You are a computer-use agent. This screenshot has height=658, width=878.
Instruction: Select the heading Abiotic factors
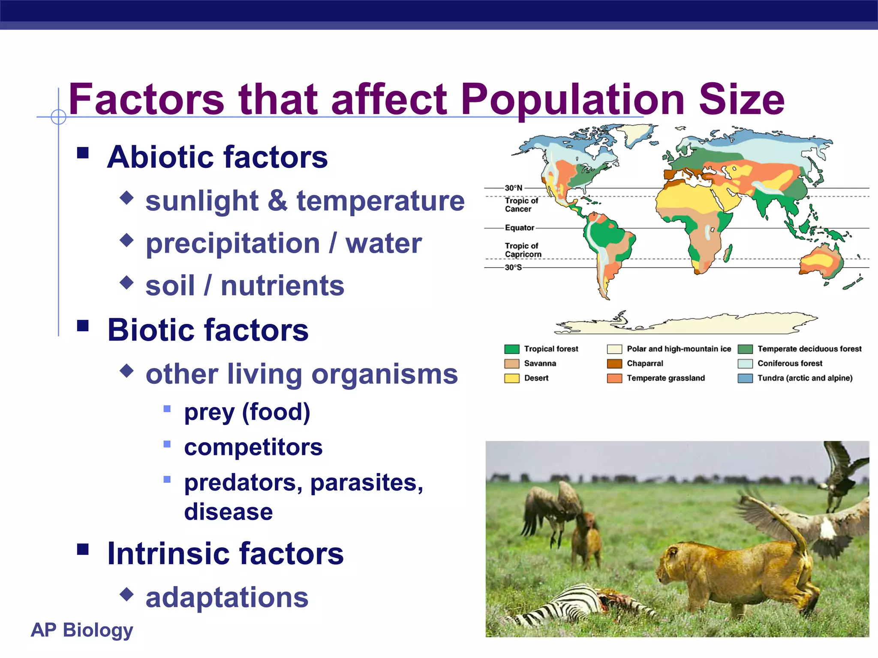click(217, 157)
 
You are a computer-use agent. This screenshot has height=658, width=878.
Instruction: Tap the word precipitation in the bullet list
click(233, 244)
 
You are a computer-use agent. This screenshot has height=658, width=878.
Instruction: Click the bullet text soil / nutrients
click(244, 286)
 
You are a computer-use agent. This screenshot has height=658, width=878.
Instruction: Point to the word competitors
click(253, 448)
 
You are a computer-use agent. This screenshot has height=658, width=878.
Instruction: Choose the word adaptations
click(227, 598)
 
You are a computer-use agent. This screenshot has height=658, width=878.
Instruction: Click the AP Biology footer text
click(82, 630)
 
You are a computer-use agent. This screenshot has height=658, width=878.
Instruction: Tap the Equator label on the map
click(519, 228)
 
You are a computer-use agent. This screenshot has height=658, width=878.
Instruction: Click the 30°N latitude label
click(513, 188)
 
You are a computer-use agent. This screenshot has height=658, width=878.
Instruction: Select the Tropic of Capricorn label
click(523, 250)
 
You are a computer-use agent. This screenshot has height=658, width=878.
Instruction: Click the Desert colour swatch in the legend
click(511, 378)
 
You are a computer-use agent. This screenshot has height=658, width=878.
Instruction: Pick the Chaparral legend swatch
click(614, 364)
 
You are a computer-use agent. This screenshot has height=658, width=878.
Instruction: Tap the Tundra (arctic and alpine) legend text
click(805, 378)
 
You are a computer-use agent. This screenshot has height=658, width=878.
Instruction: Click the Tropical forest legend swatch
click(511, 349)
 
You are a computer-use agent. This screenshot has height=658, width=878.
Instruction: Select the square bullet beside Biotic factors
click(83, 326)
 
